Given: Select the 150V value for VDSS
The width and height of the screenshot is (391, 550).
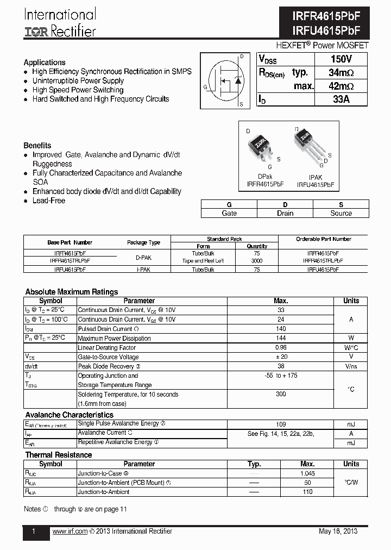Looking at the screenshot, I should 341,59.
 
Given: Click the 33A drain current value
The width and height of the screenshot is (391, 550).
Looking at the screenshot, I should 341,99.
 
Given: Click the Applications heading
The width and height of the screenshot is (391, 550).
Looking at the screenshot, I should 45,62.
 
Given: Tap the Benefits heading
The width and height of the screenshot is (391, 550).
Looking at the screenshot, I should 37,146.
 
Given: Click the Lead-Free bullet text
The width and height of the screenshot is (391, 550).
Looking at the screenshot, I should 49,201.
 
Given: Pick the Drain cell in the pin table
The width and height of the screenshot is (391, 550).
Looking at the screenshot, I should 285,213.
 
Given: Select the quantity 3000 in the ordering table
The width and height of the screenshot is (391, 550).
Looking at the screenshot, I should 257,261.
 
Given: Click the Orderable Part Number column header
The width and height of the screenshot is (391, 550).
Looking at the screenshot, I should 323,239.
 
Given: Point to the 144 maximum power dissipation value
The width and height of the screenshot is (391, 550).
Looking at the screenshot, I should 281,338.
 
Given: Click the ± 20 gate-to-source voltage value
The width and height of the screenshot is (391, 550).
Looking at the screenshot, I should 281,357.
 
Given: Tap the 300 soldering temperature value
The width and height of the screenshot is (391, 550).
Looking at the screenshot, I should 281,394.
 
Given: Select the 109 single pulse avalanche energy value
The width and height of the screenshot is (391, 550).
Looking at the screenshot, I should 281,424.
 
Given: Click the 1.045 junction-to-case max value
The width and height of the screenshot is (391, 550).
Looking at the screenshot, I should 307,473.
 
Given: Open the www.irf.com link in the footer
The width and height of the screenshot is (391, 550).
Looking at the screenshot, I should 70,532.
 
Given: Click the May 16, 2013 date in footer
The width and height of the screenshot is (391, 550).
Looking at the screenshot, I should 338,532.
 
